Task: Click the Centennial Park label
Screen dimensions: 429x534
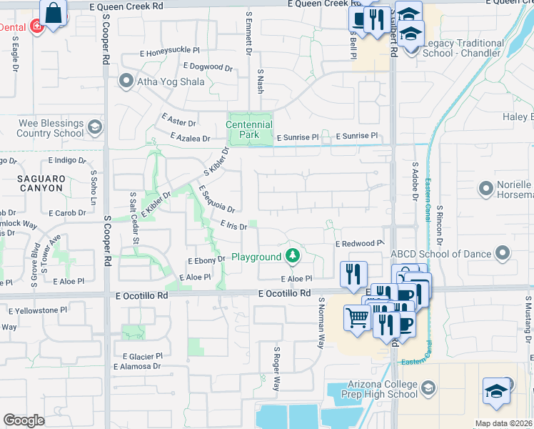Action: (x=249, y=129)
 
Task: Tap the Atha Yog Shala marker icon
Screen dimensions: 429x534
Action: (x=126, y=81)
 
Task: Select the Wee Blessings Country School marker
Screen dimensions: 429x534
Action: (x=94, y=129)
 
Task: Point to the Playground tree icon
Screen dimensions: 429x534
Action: (x=292, y=255)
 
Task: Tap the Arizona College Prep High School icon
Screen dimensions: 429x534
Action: (x=428, y=388)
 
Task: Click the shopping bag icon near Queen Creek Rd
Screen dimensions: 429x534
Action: (x=54, y=13)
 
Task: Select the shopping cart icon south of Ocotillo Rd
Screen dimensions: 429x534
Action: (x=356, y=317)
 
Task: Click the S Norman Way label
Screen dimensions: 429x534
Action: (x=322, y=323)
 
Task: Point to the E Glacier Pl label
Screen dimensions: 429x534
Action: (x=142, y=355)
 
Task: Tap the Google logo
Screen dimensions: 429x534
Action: (x=24, y=420)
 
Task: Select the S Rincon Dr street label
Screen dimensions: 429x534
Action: (x=440, y=222)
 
